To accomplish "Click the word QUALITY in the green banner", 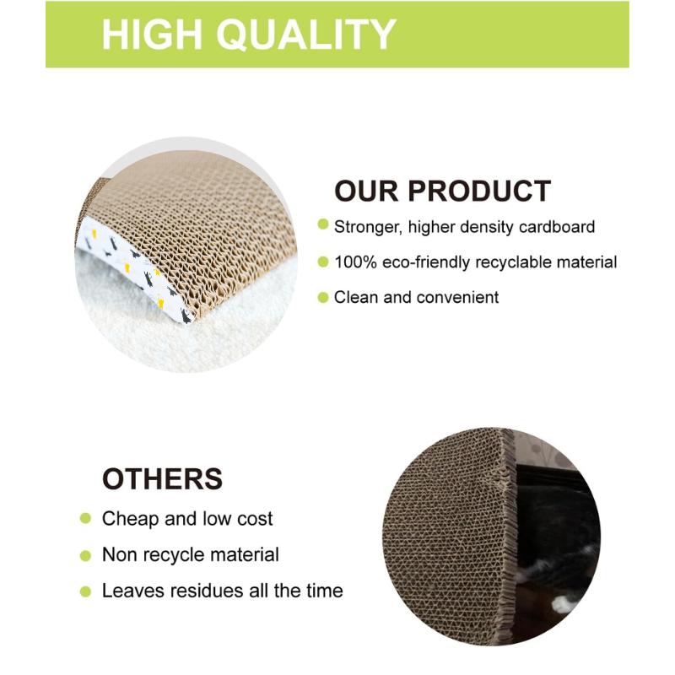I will [x=307, y=35].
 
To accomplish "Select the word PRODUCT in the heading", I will [x=478, y=191].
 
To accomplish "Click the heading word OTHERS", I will [x=162, y=478].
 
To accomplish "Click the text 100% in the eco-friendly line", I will [x=355, y=262].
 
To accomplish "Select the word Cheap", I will [x=129, y=518].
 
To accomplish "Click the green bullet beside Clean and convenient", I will [x=322, y=297].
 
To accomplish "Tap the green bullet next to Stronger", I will [x=322, y=225].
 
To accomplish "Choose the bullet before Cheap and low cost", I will [x=85, y=518].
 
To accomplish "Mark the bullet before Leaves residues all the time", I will [x=85, y=591].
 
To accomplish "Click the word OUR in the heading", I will [x=364, y=191].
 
